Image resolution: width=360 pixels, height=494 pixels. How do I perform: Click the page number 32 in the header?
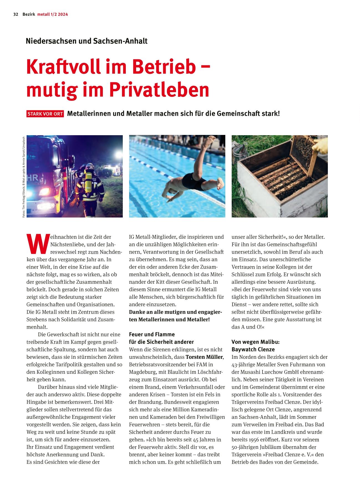[x=16, y=14]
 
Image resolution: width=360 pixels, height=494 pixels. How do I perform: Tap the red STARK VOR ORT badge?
[x=45, y=114]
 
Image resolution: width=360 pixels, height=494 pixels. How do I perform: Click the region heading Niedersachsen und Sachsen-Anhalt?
[x=86, y=41]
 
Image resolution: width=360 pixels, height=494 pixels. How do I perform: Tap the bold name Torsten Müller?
[x=204, y=357]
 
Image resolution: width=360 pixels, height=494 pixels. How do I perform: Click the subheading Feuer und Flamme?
[x=152, y=334]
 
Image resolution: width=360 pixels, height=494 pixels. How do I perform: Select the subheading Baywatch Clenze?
[x=253, y=349]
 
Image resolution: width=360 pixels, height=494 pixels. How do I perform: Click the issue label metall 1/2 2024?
[x=53, y=14]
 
